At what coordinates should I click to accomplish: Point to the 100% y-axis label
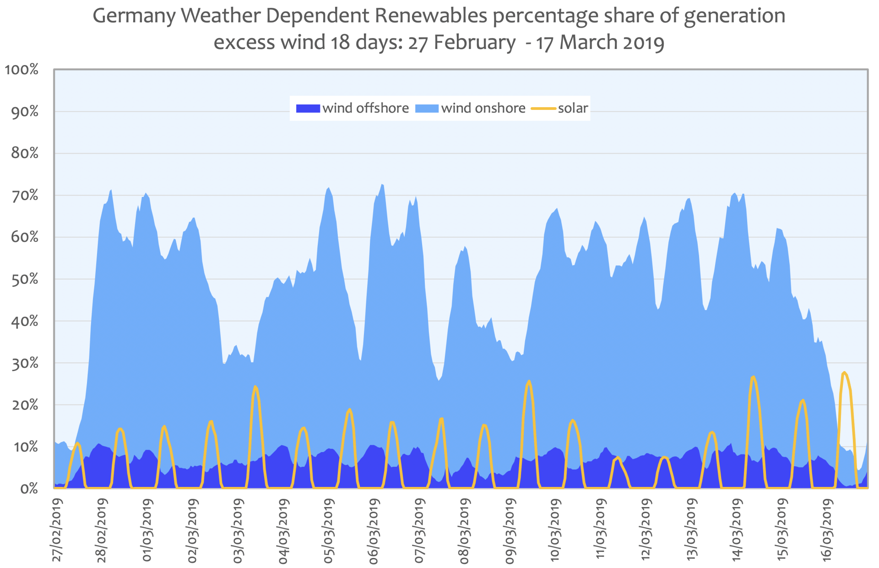point(22,70)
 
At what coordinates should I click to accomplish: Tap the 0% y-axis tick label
point(29,489)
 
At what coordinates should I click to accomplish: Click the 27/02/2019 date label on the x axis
point(57,530)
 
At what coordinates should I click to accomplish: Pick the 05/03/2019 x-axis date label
point(329,530)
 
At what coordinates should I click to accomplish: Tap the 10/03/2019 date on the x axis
point(555,530)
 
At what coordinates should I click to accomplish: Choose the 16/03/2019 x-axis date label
point(827,530)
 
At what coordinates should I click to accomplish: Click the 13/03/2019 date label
point(691,530)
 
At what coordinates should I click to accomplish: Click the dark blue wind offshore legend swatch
point(308,109)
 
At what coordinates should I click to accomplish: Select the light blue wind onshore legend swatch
point(426,109)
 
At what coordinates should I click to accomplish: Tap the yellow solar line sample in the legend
point(543,109)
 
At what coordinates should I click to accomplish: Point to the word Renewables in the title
point(431,16)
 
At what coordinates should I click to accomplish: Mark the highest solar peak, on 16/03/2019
point(844,372)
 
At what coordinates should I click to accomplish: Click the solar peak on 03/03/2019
point(255,387)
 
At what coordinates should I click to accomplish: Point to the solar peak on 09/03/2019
point(529,381)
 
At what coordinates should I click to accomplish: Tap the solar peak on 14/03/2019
point(753,377)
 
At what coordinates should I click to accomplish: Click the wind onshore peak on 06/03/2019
point(382,185)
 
